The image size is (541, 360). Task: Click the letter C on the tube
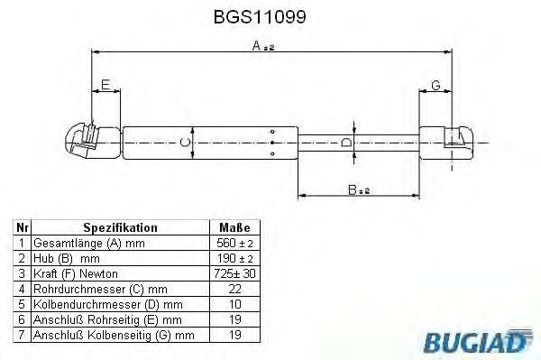(x=185, y=142)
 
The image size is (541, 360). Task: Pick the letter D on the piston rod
(x=346, y=142)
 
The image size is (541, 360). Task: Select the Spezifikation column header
(x=120, y=228)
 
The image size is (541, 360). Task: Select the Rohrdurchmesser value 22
(x=234, y=289)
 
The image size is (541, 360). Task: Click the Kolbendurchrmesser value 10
(x=234, y=304)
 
